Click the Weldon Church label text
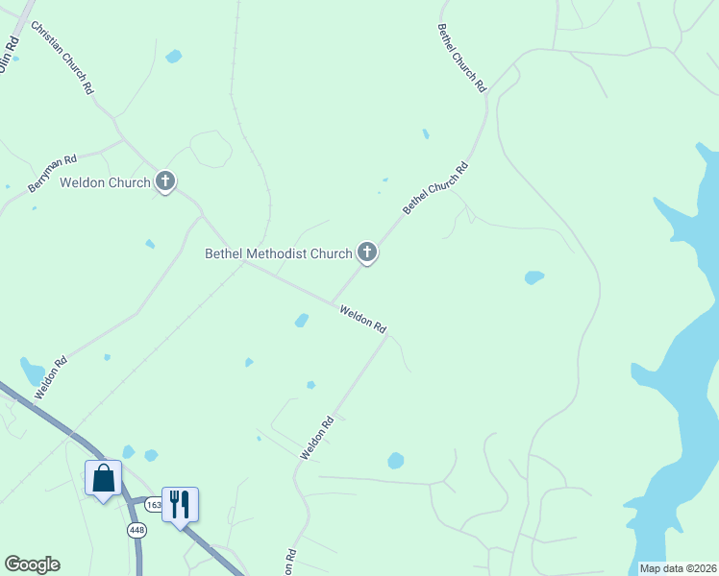coord(105,182)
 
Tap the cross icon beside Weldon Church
coord(165,180)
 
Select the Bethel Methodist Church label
coord(279,254)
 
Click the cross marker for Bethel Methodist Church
coord(366,252)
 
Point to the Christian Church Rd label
coord(62,58)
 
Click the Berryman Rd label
coord(52,169)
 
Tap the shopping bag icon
coord(104,477)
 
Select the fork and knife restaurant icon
coord(180,503)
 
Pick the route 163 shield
coord(153,504)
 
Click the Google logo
coord(32,564)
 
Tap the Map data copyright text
coord(677,568)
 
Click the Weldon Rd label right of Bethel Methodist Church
coord(362,318)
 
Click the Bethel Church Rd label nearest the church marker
coord(435,187)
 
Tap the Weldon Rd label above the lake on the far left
coord(51,377)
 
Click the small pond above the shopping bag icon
coord(128,451)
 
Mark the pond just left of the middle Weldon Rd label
coord(302,320)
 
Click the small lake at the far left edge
coord(32,371)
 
